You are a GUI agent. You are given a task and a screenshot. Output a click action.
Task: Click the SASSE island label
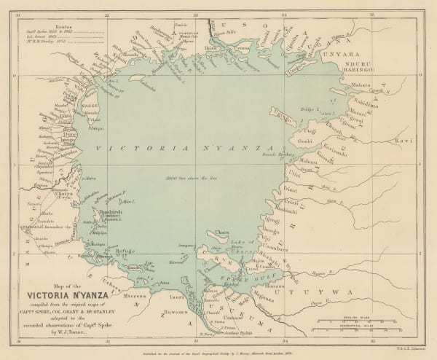click(90, 106)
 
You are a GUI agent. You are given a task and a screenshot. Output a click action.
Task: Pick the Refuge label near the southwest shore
click(125, 251)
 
